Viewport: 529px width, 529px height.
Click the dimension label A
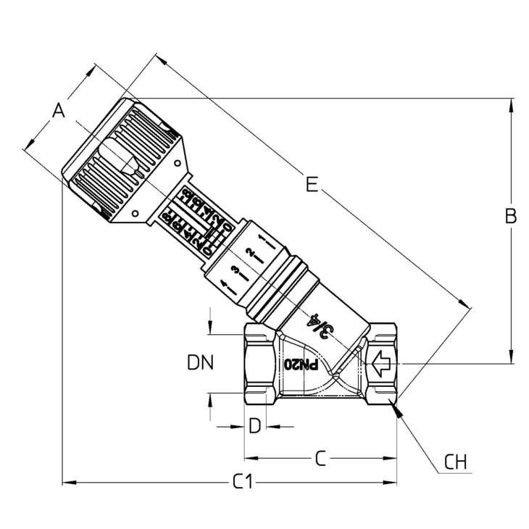59,111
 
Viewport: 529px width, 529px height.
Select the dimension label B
510,216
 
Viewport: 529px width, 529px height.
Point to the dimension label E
312,186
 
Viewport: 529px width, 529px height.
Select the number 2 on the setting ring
250,255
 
